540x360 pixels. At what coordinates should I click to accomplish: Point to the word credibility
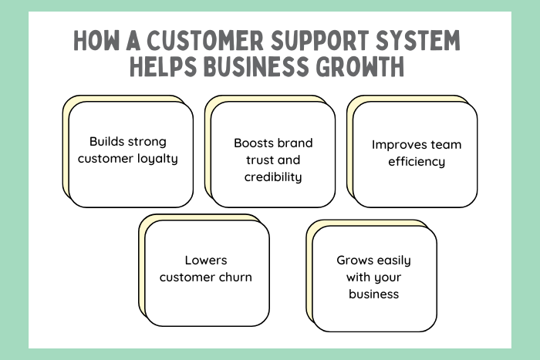(273, 177)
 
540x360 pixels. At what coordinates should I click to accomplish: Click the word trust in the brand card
(258, 160)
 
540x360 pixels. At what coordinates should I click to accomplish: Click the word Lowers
(206, 261)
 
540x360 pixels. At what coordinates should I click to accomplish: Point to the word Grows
(354, 260)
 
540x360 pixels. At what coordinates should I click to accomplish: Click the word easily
(396, 260)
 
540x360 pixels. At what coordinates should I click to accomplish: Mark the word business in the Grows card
(373, 294)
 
